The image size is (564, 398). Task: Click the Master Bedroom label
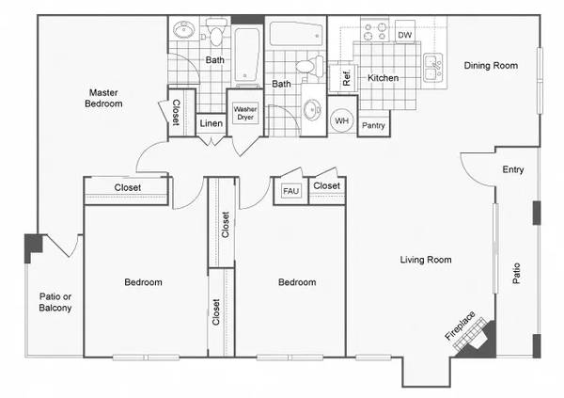[x=103, y=98]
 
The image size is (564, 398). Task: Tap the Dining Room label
[x=491, y=66]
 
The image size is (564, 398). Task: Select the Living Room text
[x=426, y=260]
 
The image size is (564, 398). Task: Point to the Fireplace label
[x=460, y=326]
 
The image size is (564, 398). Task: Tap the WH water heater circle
[x=342, y=120]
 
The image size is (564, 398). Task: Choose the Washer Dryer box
[x=245, y=113]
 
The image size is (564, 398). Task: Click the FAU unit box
[x=290, y=191]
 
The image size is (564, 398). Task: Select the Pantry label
[x=373, y=126]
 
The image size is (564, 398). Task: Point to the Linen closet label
[x=211, y=123]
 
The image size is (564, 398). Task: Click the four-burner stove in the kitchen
[x=375, y=31]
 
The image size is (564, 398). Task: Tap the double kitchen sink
[x=432, y=68]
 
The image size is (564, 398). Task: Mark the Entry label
[x=513, y=169]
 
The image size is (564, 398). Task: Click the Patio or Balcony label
[x=55, y=302]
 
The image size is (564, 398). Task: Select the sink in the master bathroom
[x=184, y=29]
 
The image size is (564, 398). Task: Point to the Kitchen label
[x=384, y=78]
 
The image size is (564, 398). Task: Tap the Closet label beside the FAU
[x=326, y=186]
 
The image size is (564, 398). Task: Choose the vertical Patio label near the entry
[x=516, y=274]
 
